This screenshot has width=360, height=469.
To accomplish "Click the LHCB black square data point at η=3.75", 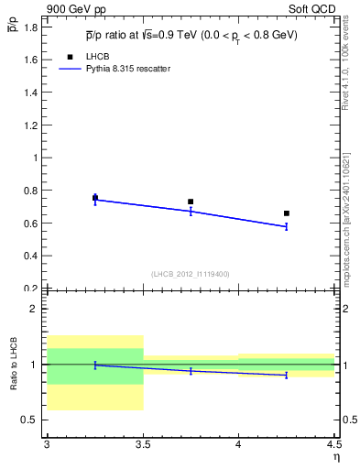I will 191,202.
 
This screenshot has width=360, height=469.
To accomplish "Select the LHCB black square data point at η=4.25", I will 287,213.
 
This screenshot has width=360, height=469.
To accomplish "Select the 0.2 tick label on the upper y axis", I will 31,289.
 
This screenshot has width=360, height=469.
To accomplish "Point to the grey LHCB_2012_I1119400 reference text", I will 190,274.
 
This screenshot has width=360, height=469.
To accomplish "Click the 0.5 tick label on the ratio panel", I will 31,420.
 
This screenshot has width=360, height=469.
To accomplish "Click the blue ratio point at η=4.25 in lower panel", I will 287,376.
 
